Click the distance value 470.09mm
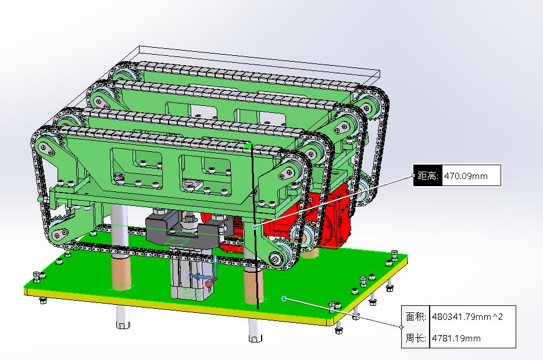pos(466,176)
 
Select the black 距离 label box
pos(428,176)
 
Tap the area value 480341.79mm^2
pos(467,317)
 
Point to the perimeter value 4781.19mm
pos(456,338)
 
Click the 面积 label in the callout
pos(416,317)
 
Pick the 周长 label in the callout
pos(416,338)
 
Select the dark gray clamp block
pos(184,229)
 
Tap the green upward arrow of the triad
pos(215,265)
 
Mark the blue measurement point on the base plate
pos(284,298)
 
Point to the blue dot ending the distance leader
pos(255,227)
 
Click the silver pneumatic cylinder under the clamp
pos(187,277)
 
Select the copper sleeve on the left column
pos(120,273)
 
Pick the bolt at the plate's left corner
pos(37,276)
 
